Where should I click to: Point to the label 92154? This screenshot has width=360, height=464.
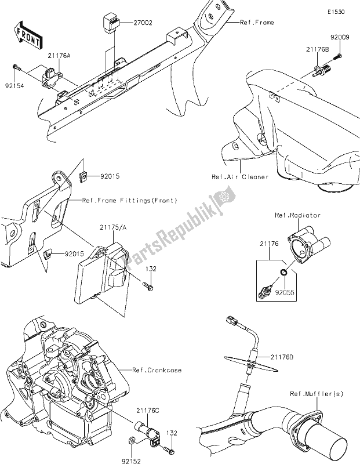coord(21,84)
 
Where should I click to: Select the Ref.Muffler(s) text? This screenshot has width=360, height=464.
coord(316,394)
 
